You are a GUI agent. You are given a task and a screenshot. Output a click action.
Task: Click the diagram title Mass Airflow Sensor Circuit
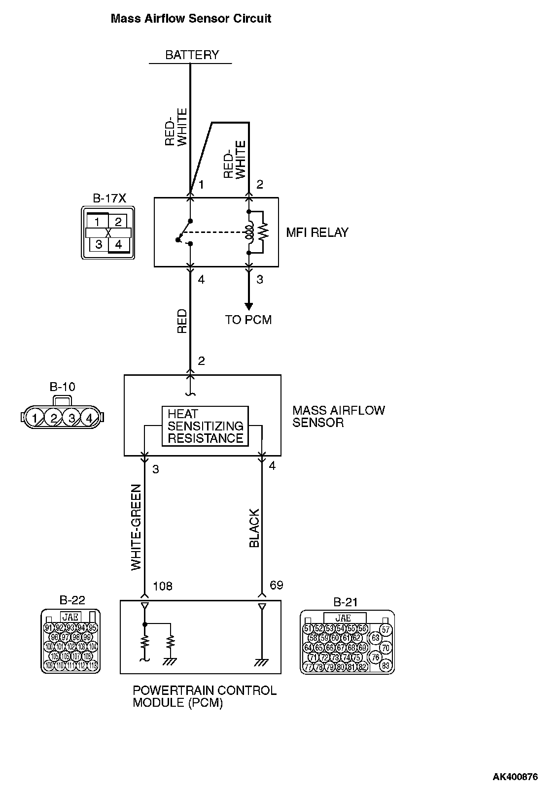[191, 19]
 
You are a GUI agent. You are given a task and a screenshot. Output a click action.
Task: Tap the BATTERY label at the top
[192, 55]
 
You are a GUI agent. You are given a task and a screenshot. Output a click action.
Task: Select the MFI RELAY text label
[317, 232]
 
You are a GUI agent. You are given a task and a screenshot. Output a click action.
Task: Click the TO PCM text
[248, 320]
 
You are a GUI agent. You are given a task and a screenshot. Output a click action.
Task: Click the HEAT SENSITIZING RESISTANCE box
[205, 426]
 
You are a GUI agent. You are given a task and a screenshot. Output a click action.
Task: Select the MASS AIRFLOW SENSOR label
[338, 416]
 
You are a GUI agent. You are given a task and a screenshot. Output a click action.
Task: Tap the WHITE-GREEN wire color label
[137, 527]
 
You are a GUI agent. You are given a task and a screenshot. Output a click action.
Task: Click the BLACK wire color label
[254, 528]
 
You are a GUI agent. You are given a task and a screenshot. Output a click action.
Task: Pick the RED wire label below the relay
[182, 321]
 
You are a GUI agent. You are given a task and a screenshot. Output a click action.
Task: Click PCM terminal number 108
[163, 586]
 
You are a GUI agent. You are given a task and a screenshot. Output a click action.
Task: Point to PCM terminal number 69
[277, 585]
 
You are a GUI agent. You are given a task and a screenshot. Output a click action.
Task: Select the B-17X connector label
[109, 198]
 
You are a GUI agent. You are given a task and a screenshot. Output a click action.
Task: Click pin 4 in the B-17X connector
[118, 244]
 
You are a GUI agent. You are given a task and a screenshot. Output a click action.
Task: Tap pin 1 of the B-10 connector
[35, 419]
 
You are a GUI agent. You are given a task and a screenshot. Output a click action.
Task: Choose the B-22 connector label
[72, 600]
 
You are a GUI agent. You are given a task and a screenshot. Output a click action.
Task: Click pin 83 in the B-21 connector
[385, 666]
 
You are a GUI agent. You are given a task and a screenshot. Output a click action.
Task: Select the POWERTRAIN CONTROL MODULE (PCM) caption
[205, 696]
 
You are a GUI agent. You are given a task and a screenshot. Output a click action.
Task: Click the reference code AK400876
[515, 777]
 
